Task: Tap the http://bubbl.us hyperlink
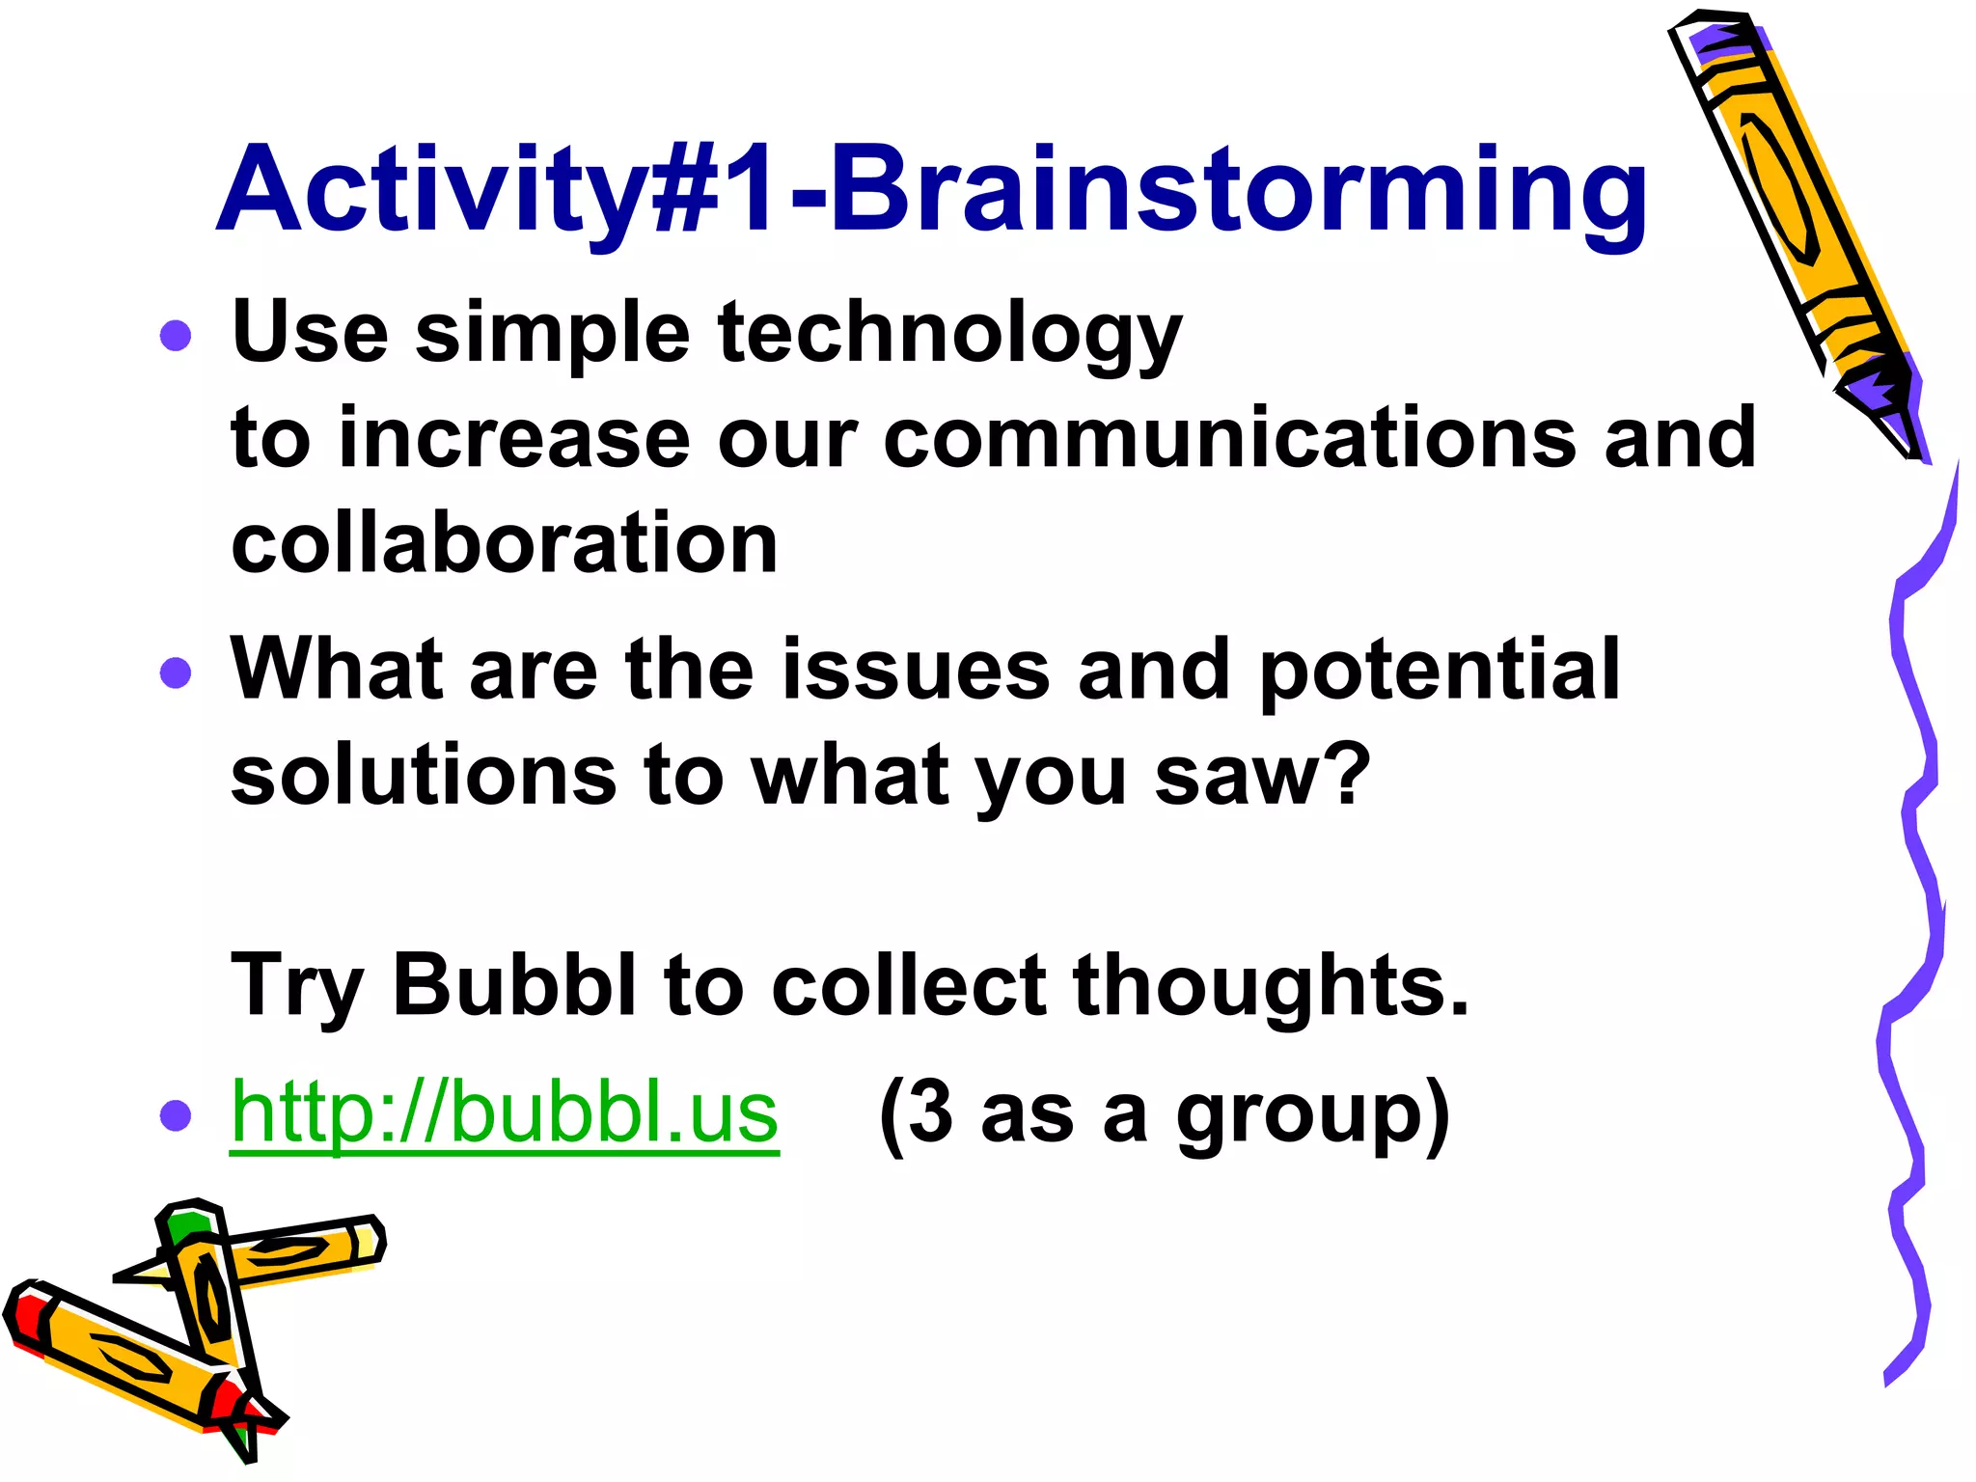click(505, 1112)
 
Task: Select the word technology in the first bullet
click(949, 333)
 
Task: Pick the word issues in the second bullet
click(915, 670)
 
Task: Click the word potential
click(1440, 670)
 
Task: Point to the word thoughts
click(1271, 986)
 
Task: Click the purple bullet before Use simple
click(176, 336)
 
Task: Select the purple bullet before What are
click(176, 672)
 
